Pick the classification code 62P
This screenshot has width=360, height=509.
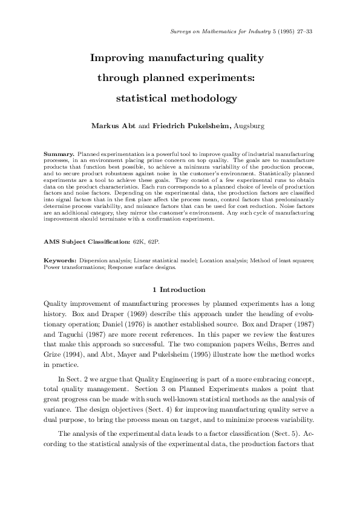click(x=157, y=241)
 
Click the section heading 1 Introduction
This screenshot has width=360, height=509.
click(x=179, y=290)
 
